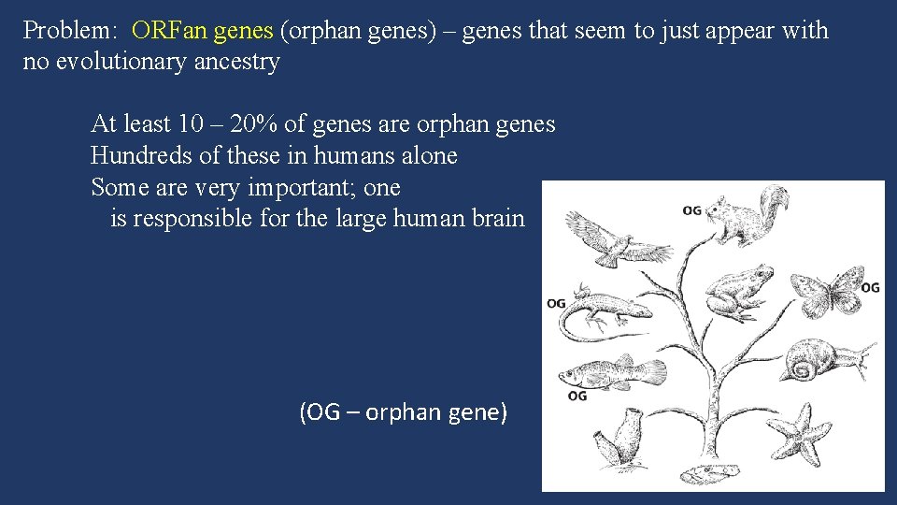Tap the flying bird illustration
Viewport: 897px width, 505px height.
click(618, 239)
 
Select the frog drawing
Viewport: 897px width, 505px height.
click(737, 291)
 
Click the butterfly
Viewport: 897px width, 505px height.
click(827, 289)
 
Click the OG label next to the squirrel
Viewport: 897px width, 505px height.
click(691, 211)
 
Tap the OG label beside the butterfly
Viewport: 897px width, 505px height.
click(870, 287)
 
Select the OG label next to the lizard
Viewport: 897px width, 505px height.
click(556, 303)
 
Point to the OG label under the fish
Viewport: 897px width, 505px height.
click(577, 396)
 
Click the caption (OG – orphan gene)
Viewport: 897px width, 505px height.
click(403, 412)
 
